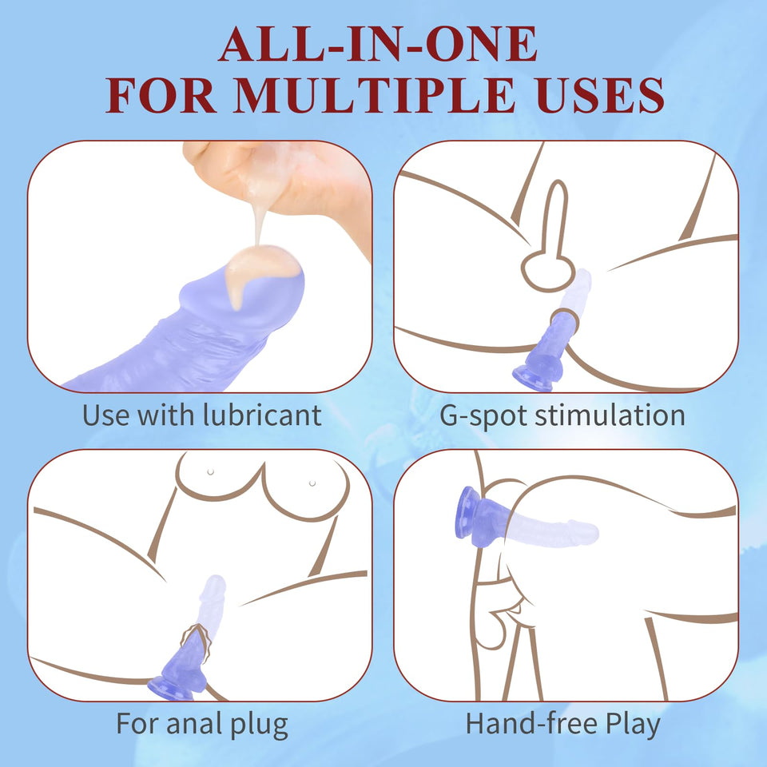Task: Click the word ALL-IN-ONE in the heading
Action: pos(378,45)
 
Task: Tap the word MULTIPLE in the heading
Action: pos(374,95)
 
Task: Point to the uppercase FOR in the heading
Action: pos(161,95)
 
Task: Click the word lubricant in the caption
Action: pos(262,415)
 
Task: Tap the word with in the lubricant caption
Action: pos(165,415)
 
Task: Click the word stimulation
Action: pos(610,415)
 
